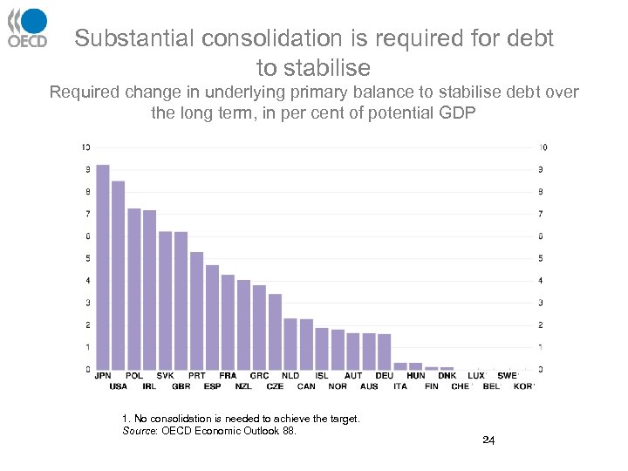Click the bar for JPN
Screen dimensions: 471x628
point(103,267)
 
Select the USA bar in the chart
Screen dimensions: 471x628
point(119,275)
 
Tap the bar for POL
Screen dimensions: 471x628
point(134,289)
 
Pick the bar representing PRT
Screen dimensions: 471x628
point(197,311)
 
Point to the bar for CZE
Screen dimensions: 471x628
point(275,331)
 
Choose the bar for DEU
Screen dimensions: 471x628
point(385,352)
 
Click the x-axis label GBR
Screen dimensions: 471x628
point(181,386)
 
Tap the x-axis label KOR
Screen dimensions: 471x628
point(523,386)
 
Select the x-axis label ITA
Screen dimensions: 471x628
point(400,386)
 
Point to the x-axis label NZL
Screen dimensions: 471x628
point(243,386)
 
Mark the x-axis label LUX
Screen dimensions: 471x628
point(476,376)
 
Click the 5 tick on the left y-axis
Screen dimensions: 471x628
point(86,258)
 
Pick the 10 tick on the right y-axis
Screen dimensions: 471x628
point(543,147)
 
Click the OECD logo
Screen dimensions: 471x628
point(27,28)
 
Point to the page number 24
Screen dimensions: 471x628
point(488,440)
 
